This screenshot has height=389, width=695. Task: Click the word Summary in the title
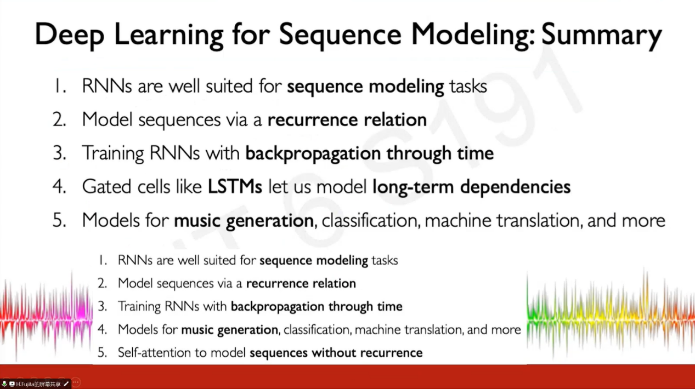click(x=601, y=35)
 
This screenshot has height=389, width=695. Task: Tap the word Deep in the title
click(x=69, y=35)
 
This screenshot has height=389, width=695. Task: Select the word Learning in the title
click(x=168, y=35)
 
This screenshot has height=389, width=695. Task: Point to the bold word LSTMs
click(x=235, y=187)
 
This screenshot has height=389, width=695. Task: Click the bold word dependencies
click(x=515, y=187)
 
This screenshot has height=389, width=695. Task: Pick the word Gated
click(x=106, y=187)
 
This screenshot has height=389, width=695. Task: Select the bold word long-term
click(x=413, y=187)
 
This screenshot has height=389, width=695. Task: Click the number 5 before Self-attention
click(x=102, y=352)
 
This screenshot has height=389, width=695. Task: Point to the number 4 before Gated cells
click(x=59, y=187)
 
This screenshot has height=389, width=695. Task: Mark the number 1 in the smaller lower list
click(x=103, y=260)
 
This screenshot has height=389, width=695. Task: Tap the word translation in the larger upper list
click(x=538, y=221)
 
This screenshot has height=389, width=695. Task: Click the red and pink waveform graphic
click(x=46, y=316)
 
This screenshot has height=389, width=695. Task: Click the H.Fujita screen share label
click(x=38, y=385)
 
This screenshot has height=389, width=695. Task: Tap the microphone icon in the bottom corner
click(x=4, y=384)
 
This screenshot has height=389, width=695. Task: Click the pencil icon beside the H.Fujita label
click(x=66, y=384)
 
